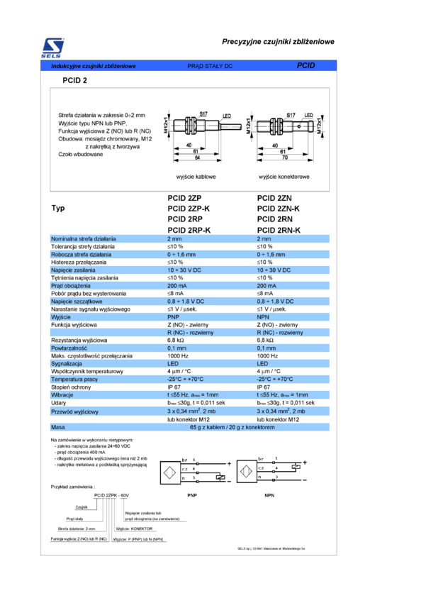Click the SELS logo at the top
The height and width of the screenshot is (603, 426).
pos(53,48)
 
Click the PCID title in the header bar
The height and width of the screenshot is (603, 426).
pos(306,65)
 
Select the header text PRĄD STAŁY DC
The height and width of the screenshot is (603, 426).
pos(210,66)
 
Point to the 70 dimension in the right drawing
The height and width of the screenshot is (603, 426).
pos(283,158)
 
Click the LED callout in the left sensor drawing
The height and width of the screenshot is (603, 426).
pos(228,116)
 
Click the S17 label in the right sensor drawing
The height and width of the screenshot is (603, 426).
pos(291,114)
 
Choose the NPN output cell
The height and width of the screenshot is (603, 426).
pos(263,317)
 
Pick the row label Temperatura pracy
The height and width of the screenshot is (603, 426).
pos(74,380)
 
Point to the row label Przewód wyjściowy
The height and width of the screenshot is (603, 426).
pos(74,411)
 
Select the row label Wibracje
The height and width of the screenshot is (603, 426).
pos(62,395)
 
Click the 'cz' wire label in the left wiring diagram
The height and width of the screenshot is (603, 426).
pos(185,469)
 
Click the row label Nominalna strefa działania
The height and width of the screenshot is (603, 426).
pos(84,239)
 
